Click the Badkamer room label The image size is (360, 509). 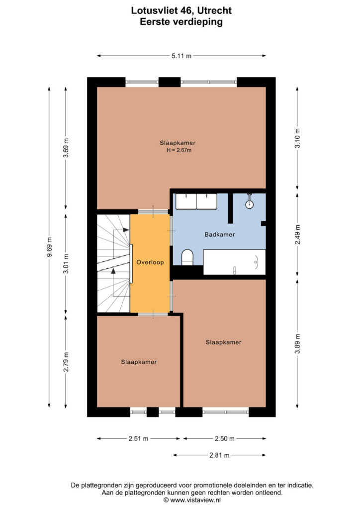pyautogui.click(x=219, y=235)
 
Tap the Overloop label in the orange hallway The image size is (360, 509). pyautogui.click(x=150, y=262)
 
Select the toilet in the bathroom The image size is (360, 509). pyautogui.click(x=187, y=257)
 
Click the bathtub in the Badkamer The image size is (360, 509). pyautogui.click(x=234, y=262)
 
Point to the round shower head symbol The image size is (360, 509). pyautogui.click(x=249, y=204)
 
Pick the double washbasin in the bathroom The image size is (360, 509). pyautogui.click(x=196, y=202)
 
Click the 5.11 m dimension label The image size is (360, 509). pyautogui.click(x=181, y=56)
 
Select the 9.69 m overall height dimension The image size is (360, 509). pyautogui.click(x=49, y=247)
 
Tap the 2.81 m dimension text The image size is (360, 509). pyautogui.click(x=219, y=455)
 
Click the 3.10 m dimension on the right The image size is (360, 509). pyautogui.click(x=297, y=138)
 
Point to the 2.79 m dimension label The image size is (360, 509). pyautogui.click(x=66, y=362)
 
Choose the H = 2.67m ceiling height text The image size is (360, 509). pyautogui.click(x=179, y=150)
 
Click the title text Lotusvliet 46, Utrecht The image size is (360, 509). pyautogui.click(x=181, y=10)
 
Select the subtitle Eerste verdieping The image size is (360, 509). pyautogui.click(x=181, y=22)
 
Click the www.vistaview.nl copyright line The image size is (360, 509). pyautogui.click(x=192, y=500)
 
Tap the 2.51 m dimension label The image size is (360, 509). pyautogui.click(x=139, y=438)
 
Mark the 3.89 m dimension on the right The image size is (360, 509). pyautogui.click(x=297, y=344)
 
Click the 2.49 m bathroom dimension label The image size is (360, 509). pyautogui.click(x=297, y=235)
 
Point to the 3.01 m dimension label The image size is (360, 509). pyautogui.click(x=66, y=263)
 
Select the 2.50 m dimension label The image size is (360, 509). pyautogui.click(x=225, y=438)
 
